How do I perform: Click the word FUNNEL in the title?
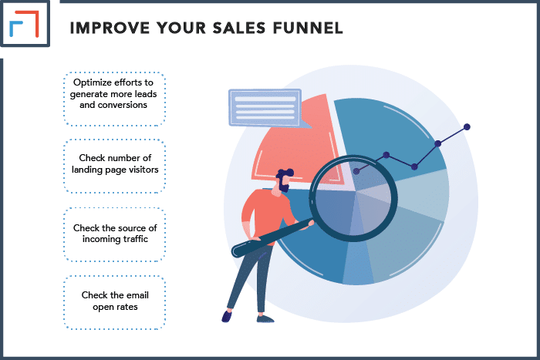pos(308,28)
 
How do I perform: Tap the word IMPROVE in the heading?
pos(110,28)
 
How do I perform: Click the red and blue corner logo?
pos(25,23)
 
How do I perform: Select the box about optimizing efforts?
pos(114,99)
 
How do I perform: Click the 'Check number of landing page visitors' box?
pos(114,166)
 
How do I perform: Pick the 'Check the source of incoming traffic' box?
pos(114,234)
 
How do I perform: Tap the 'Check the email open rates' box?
pos(114,302)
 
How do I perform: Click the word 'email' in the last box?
pos(137,295)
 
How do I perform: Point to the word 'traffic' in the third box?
pos(133,239)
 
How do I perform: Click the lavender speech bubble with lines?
pos(265,109)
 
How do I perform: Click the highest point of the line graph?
pos(467,127)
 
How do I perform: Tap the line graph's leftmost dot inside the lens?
pos(356,171)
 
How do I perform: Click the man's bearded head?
pos(284,180)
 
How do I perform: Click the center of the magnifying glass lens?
pos(353,198)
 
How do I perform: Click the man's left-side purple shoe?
pos(226,317)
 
